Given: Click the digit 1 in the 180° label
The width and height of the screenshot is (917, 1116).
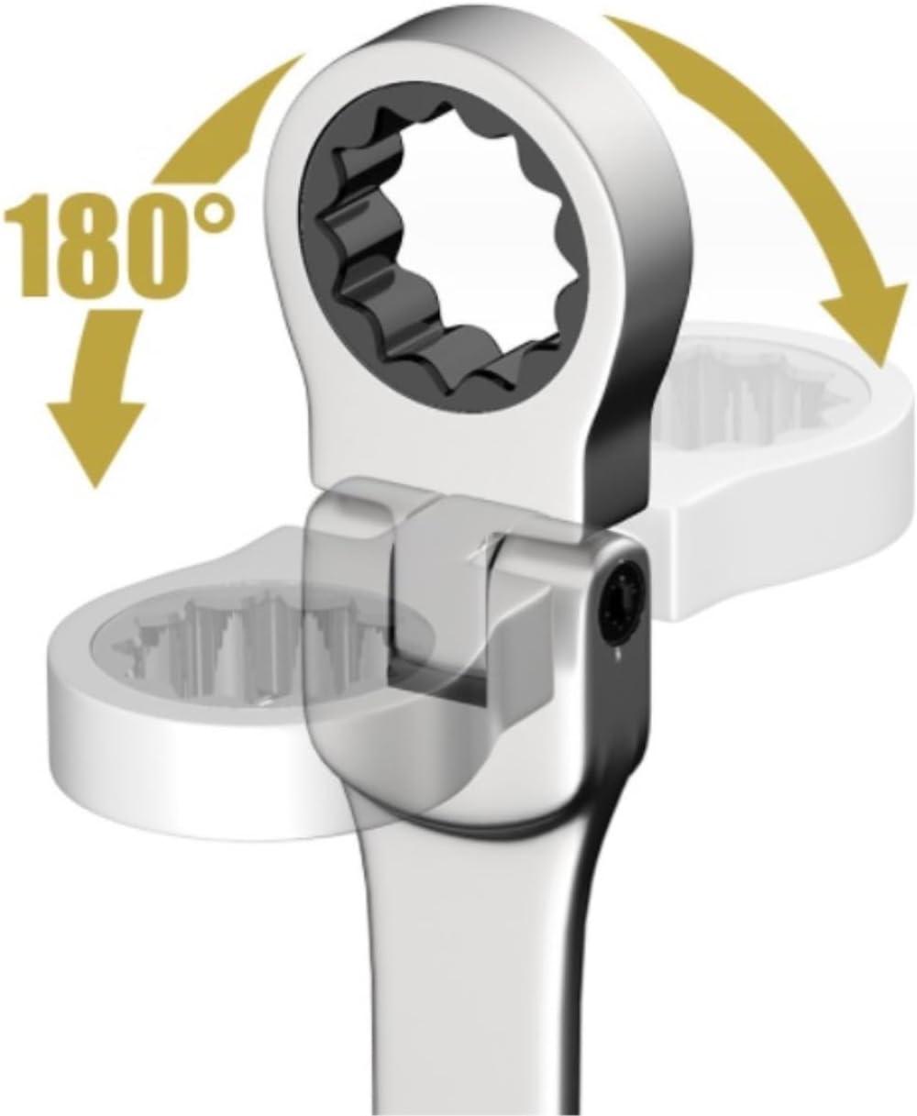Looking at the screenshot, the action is click(30, 246).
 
